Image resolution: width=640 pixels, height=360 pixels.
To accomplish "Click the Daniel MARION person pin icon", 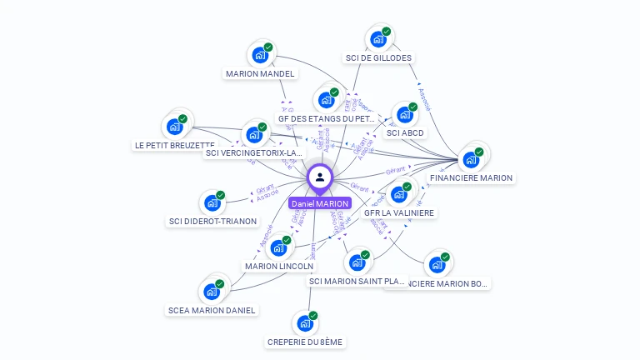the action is click(320, 177).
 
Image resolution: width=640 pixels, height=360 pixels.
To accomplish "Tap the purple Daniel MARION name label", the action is click(320, 203).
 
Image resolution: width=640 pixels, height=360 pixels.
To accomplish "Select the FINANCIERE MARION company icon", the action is click(471, 159).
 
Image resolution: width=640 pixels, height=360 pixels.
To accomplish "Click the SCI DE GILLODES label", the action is click(378, 58).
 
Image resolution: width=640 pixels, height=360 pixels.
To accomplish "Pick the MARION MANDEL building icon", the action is click(260, 56).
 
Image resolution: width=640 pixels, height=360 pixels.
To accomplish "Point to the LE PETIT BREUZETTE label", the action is click(174, 145).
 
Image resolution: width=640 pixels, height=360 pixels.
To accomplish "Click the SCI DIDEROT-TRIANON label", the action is click(212, 222).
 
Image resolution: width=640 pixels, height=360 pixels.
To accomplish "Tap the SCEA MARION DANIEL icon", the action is click(211, 292).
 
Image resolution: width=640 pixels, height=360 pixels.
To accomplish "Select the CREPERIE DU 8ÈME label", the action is click(305, 342).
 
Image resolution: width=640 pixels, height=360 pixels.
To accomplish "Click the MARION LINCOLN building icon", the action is click(278, 248).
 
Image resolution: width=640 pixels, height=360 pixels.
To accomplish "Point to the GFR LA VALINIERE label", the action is click(399, 212).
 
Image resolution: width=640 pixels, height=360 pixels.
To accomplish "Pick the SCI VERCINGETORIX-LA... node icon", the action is click(254, 135).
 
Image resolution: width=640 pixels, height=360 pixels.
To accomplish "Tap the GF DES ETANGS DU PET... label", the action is click(327, 118).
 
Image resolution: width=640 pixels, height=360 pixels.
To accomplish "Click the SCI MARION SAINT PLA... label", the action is click(357, 281).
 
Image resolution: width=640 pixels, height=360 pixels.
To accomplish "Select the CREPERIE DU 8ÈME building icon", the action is click(305, 323).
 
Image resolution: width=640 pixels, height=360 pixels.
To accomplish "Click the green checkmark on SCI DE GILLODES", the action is click(387, 32).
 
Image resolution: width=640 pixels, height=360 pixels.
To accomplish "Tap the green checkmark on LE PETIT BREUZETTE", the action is click(182, 119).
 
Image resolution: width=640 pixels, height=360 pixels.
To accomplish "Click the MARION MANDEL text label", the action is click(260, 73).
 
